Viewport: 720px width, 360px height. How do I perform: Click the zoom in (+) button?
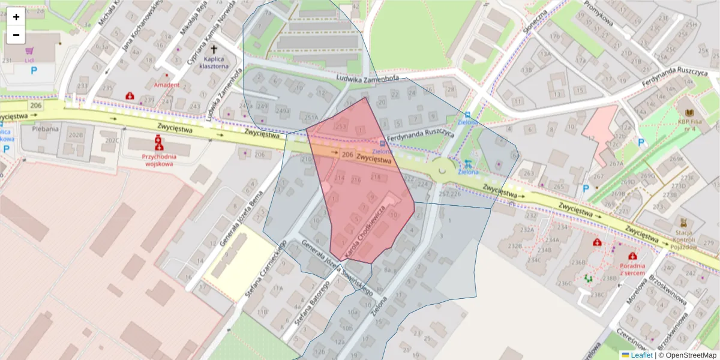(16, 17)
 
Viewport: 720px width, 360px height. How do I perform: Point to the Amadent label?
(166, 85)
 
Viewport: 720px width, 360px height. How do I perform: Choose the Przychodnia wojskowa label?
(157, 159)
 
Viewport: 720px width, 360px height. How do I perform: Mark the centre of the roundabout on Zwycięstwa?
(443, 171)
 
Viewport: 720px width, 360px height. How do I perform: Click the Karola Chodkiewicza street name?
(365, 232)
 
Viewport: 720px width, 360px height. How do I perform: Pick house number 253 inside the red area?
(341, 127)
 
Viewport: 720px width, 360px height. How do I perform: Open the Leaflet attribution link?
(641, 355)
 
